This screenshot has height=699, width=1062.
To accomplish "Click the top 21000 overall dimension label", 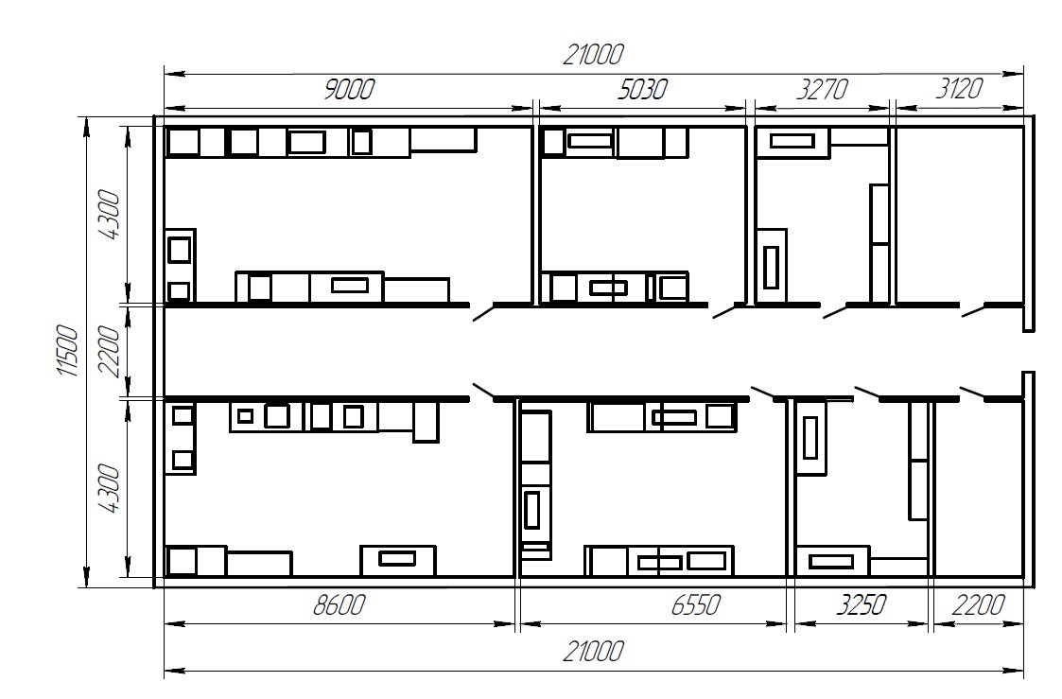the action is (593, 54).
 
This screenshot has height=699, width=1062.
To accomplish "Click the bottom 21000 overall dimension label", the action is (593, 652).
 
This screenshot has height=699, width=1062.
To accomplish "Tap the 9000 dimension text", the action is (348, 90).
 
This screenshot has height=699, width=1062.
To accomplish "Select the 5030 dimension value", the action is (642, 90).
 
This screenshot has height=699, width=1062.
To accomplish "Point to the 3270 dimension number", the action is (822, 90).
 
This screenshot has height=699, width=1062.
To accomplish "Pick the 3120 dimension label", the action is (959, 89).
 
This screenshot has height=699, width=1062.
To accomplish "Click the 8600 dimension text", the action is (339, 604).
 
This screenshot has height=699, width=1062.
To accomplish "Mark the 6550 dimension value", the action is (696, 604).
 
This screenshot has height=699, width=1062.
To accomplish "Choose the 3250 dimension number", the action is (861, 604).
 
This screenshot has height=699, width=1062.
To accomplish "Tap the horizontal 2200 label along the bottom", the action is (978, 604).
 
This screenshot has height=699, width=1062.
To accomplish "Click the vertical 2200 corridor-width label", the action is (109, 352).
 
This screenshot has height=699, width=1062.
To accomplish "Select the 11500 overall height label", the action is (67, 351).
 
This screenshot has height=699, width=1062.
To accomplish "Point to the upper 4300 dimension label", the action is (109, 215).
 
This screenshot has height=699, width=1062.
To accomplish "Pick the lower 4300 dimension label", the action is (109, 488).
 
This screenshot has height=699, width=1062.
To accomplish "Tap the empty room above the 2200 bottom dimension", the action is (978, 488).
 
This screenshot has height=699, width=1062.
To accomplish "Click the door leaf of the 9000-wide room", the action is (482, 312).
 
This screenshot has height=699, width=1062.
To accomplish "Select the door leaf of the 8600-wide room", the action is (483, 391).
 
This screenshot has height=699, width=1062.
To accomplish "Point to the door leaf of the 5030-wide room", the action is (724, 311).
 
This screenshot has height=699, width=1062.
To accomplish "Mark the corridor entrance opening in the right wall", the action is (1028, 352).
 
